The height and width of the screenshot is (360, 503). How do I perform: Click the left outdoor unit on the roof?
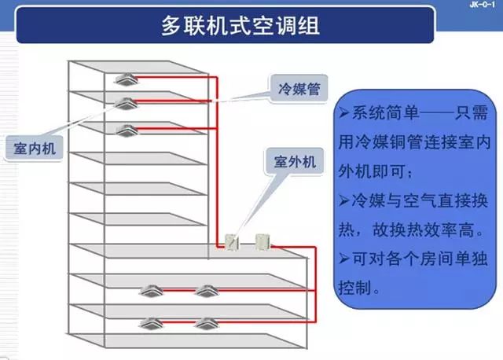(233, 241)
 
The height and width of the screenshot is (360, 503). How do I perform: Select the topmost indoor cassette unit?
(125, 79)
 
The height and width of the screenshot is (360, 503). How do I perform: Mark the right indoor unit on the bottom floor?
(206, 322)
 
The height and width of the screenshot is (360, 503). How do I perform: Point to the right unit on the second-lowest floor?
(206, 291)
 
